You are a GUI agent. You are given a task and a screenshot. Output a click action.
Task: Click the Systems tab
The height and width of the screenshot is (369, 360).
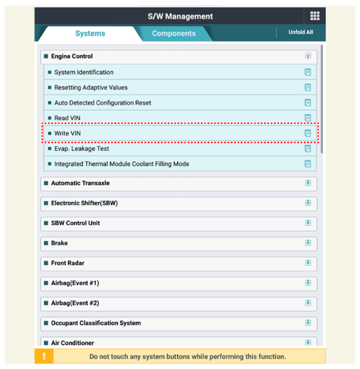pyautogui.click(x=90, y=33)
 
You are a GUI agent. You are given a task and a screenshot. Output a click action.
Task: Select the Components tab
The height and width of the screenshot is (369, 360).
pyautogui.click(x=174, y=33)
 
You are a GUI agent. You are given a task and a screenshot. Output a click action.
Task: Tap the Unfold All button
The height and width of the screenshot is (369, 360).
pyautogui.click(x=300, y=32)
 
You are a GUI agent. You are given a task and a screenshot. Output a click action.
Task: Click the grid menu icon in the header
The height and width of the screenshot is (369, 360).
pyautogui.click(x=315, y=16)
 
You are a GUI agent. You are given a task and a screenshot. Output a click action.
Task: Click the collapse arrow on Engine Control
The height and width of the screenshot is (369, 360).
pyautogui.click(x=308, y=56)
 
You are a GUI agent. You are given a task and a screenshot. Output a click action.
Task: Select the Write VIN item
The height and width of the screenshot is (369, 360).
pyautogui.click(x=67, y=133)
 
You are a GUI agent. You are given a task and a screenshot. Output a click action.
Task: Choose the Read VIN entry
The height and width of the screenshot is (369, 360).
pyautogui.click(x=67, y=118)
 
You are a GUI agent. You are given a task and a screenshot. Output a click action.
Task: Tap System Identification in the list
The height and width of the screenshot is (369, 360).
pyautogui.click(x=84, y=72)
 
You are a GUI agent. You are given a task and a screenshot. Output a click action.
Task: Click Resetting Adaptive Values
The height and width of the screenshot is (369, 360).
pyautogui.click(x=91, y=87)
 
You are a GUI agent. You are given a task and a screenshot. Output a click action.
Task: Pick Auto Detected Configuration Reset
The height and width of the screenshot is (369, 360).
pyautogui.click(x=102, y=103)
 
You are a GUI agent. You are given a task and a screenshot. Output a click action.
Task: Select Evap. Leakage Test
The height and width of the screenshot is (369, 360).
pyautogui.click(x=81, y=149)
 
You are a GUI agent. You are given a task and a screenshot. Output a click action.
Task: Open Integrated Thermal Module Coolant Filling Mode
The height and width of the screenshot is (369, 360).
pyautogui.click(x=121, y=164)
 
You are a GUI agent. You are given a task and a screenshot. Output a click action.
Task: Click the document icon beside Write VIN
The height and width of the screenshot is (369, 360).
pyautogui.click(x=308, y=133)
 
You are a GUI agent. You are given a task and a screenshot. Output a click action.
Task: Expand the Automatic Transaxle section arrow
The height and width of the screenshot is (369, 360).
pyautogui.click(x=308, y=183)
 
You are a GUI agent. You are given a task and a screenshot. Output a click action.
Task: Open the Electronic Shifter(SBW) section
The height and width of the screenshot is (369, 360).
pyautogui.click(x=84, y=203)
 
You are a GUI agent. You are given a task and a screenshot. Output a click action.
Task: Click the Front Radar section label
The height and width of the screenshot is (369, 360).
pyautogui.click(x=67, y=263)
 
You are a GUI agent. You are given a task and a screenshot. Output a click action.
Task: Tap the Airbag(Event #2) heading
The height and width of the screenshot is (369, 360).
pyautogui.click(x=75, y=303)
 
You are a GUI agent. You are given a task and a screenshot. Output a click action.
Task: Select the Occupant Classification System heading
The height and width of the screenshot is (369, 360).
pyautogui.click(x=95, y=323)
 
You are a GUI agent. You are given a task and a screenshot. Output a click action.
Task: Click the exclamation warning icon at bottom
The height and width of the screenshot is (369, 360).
pyautogui.click(x=44, y=356)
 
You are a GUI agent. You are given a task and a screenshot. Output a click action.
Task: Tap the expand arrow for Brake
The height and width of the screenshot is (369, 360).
pyautogui.click(x=308, y=243)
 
